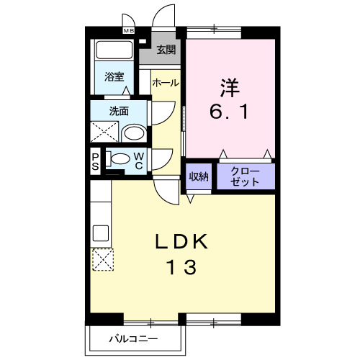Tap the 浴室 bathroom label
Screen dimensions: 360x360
(114, 77)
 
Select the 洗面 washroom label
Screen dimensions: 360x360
(119, 111)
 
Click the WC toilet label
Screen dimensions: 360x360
(138, 161)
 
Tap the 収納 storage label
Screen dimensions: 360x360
(199, 176)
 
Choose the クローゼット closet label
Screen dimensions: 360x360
(246, 176)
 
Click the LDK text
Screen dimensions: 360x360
(181, 242)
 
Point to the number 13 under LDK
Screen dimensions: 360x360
(181, 268)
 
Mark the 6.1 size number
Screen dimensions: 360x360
(230, 113)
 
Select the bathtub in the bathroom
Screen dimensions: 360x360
(114, 52)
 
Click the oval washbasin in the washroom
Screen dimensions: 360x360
(132, 133)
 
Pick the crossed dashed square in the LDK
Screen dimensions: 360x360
(102, 258)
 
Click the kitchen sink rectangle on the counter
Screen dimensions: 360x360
(100, 234)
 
